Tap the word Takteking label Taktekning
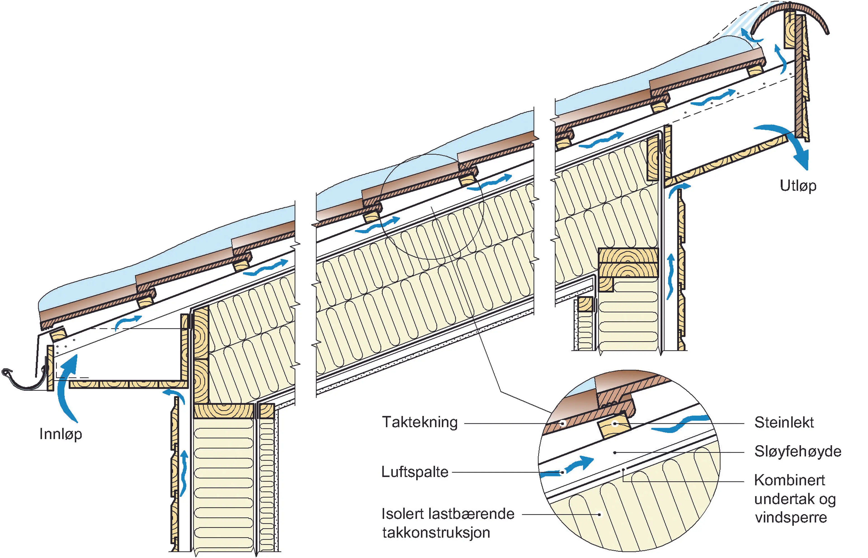point(420,423)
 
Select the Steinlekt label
point(784,423)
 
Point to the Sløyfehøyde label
point(797,452)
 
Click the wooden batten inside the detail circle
point(614,428)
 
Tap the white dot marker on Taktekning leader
point(563,423)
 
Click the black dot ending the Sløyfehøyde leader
point(615,453)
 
